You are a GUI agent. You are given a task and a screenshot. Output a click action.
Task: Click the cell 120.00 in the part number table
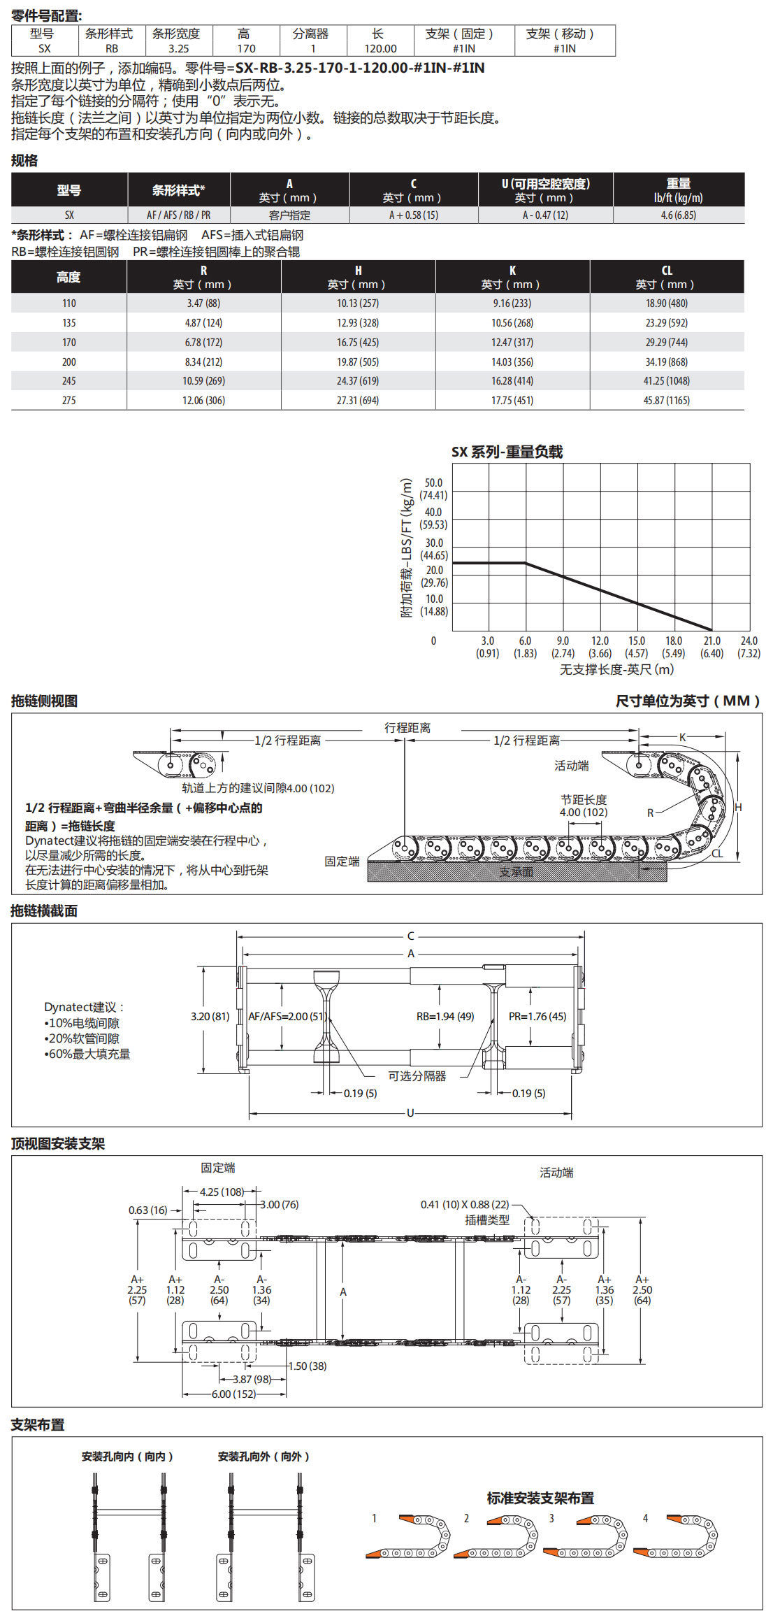pyautogui.click(x=380, y=49)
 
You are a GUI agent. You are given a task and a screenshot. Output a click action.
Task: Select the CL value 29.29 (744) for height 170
pyautogui.click(x=667, y=343)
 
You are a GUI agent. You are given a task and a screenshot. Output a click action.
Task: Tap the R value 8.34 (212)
pyautogui.click(x=203, y=362)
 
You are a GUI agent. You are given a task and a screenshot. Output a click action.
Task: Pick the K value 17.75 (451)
pyautogui.click(x=512, y=401)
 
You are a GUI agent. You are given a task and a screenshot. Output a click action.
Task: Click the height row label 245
pyautogui.click(x=68, y=381)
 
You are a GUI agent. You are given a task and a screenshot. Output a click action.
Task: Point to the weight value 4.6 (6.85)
pyautogui.click(x=678, y=215)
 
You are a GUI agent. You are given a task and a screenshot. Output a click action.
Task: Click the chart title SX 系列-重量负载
pyautogui.click(x=507, y=452)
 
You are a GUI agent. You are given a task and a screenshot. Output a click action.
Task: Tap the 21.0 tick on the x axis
pyautogui.click(x=711, y=641)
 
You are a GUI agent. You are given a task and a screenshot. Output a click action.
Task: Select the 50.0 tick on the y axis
pyautogui.click(x=433, y=483)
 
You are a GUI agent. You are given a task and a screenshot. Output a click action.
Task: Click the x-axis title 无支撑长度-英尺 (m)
pyautogui.click(x=616, y=669)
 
